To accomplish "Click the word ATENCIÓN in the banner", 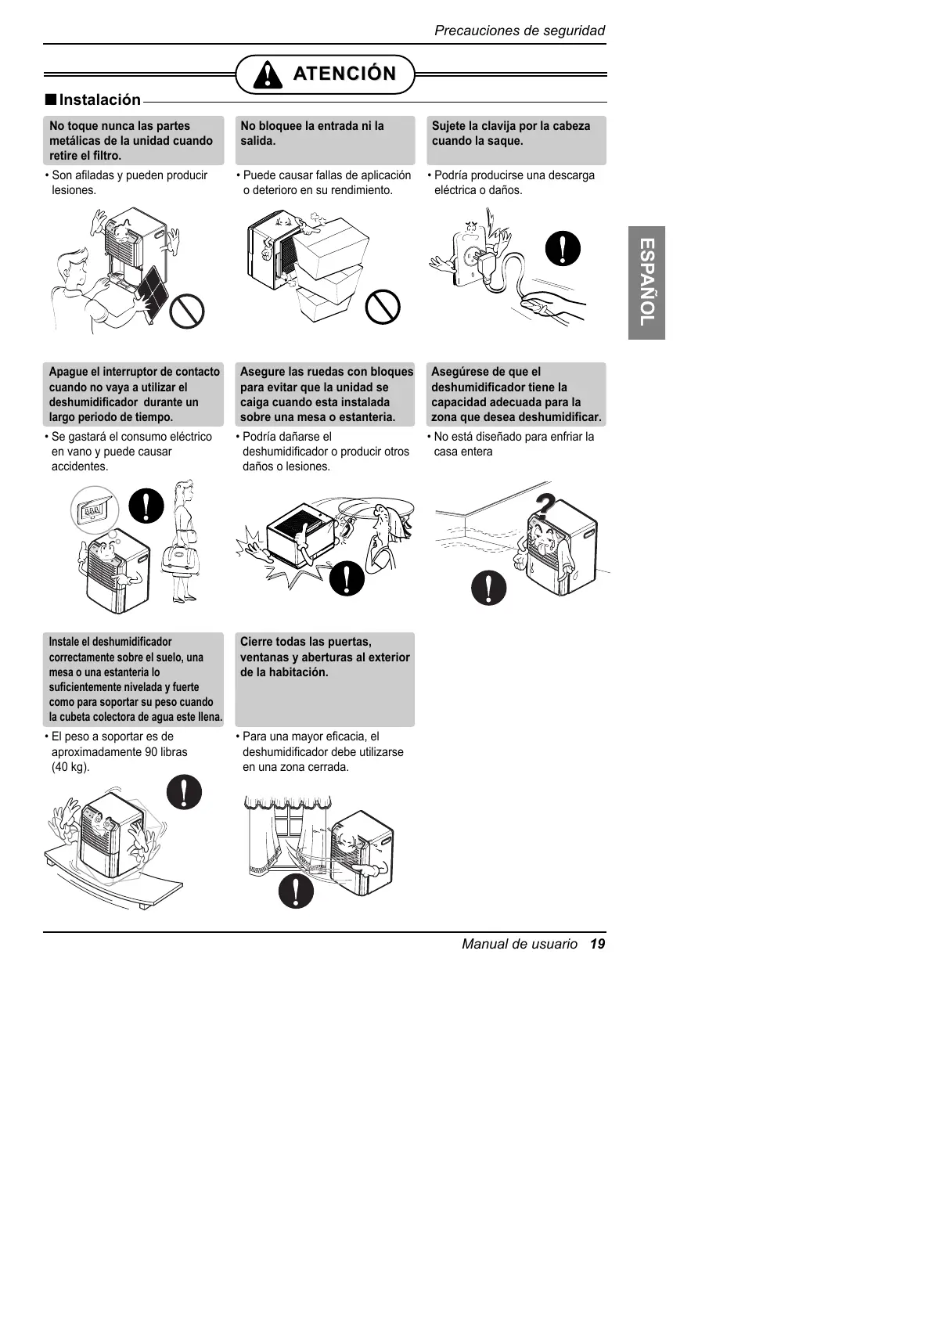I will [x=344, y=74].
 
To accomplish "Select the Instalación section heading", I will [x=99, y=99].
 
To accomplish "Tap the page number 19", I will [x=598, y=944].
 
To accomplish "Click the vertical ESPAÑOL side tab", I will [x=646, y=283].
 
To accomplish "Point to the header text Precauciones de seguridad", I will [x=520, y=31].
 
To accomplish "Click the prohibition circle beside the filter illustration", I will [x=187, y=311].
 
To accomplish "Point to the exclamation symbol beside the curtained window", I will [x=296, y=890].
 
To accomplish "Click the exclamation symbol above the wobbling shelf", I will [x=185, y=792].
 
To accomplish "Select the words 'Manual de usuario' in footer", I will [x=520, y=944].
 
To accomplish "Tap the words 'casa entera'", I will [x=463, y=452].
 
